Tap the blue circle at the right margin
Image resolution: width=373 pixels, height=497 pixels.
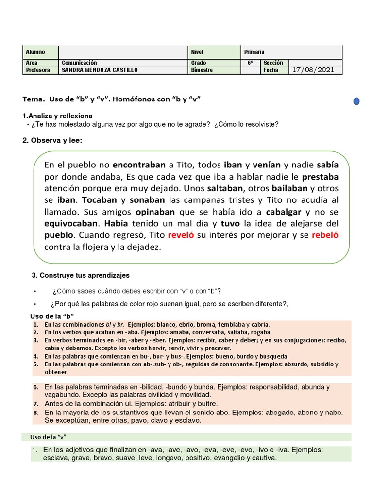pyautogui.click(x=356, y=101)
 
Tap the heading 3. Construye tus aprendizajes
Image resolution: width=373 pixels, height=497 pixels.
pyautogui.click(x=81, y=275)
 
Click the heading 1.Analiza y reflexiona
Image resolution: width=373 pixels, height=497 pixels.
pyautogui.click(x=57, y=116)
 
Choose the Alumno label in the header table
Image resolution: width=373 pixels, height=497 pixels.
pyautogui.click(x=35, y=52)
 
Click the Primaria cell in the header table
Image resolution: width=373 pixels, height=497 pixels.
pyautogui.click(x=254, y=52)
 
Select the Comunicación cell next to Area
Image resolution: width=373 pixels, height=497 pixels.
pyautogui.click(x=80, y=63)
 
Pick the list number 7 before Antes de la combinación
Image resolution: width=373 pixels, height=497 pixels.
pyautogui.click(x=36, y=404)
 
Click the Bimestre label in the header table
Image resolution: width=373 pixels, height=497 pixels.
pyautogui.click(x=203, y=70)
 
